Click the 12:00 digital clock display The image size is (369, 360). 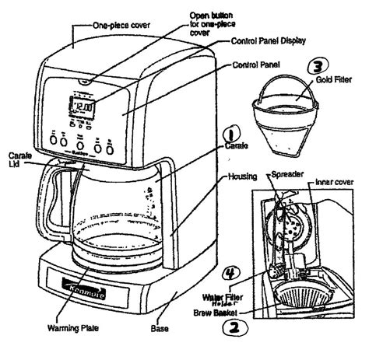84,108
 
